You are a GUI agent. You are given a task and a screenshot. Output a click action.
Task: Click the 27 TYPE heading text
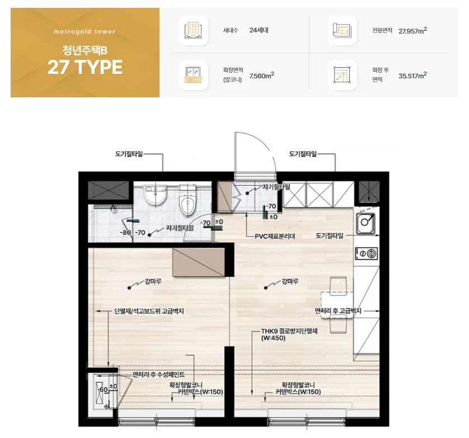pos(85,67)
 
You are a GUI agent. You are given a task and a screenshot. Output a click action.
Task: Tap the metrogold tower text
pos(85,31)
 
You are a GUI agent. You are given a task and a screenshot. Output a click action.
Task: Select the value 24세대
pos(259,30)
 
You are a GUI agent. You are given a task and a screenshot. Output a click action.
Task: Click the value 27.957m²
pos(412,31)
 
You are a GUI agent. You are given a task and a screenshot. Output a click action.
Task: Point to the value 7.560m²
pos(262,76)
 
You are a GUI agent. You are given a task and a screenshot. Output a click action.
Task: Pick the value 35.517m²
pos(412,76)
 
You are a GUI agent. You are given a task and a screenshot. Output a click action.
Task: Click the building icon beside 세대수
pos(193,30)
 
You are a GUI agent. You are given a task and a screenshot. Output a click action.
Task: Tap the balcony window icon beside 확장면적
pos(193,75)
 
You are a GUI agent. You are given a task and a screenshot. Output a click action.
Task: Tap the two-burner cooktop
pos(367,254)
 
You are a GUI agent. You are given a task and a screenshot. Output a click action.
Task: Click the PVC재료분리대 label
pos(275,236)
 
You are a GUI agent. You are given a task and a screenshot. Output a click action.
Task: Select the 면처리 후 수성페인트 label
pos(158,375)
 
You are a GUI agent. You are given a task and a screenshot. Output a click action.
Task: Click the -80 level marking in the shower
pos(125,233)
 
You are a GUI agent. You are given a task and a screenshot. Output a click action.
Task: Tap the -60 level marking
pos(102,390)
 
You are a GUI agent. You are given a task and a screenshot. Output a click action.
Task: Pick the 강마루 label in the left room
pos(153,281)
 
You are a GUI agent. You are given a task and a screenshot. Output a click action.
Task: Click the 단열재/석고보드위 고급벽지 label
pos(149,311)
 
